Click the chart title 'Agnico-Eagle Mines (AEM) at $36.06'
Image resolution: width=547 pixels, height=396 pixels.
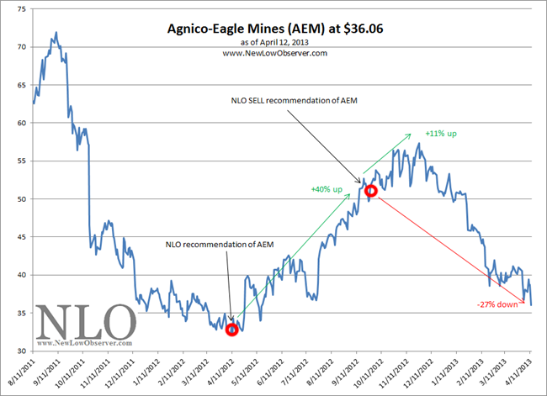(x=275, y=29)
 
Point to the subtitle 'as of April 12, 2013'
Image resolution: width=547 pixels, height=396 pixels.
(x=274, y=42)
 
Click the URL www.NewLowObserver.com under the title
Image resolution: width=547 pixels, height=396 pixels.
(x=275, y=53)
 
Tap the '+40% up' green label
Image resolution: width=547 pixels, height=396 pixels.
(x=327, y=189)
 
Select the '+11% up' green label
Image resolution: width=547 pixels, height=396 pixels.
(x=441, y=134)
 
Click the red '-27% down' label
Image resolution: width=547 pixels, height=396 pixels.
(x=497, y=304)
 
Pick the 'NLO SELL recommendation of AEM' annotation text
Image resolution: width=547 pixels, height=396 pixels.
(x=294, y=100)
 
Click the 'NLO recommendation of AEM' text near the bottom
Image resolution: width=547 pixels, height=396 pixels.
(x=220, y=245)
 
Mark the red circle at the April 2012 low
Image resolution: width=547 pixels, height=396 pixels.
(x=232, y=330)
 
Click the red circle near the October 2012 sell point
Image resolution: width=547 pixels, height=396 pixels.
(x=371, y=191)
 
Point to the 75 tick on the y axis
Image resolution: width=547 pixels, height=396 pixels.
(x=22, y=9)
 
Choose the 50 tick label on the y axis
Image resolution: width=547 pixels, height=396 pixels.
(x=22, y=199)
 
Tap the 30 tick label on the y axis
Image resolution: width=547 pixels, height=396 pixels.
(x=22, y=351)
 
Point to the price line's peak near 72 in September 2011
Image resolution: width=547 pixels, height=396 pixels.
(x=56, y=32)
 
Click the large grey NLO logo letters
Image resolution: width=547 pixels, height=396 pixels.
(x=86, y=322)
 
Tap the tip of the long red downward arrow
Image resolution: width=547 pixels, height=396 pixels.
(x=524, y=302)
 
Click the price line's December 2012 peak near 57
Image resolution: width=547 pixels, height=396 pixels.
(x=418, y=143)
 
